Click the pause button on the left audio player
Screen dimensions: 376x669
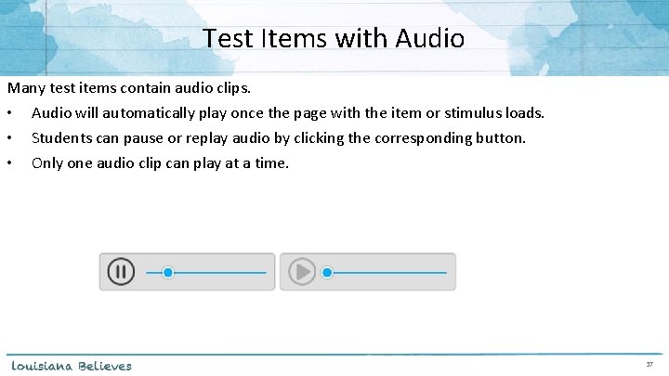121,272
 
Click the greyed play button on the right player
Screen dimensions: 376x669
301,272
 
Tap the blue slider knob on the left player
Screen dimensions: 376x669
168,272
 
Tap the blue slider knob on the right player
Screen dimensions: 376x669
326,272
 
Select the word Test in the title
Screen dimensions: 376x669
225,39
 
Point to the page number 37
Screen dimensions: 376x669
650,366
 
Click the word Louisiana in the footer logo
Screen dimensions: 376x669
41,366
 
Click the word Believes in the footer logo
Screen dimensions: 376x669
105,366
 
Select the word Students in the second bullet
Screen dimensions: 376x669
60,138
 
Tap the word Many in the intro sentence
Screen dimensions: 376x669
26,89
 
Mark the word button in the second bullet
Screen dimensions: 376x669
501,138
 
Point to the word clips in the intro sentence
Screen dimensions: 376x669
233,89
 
